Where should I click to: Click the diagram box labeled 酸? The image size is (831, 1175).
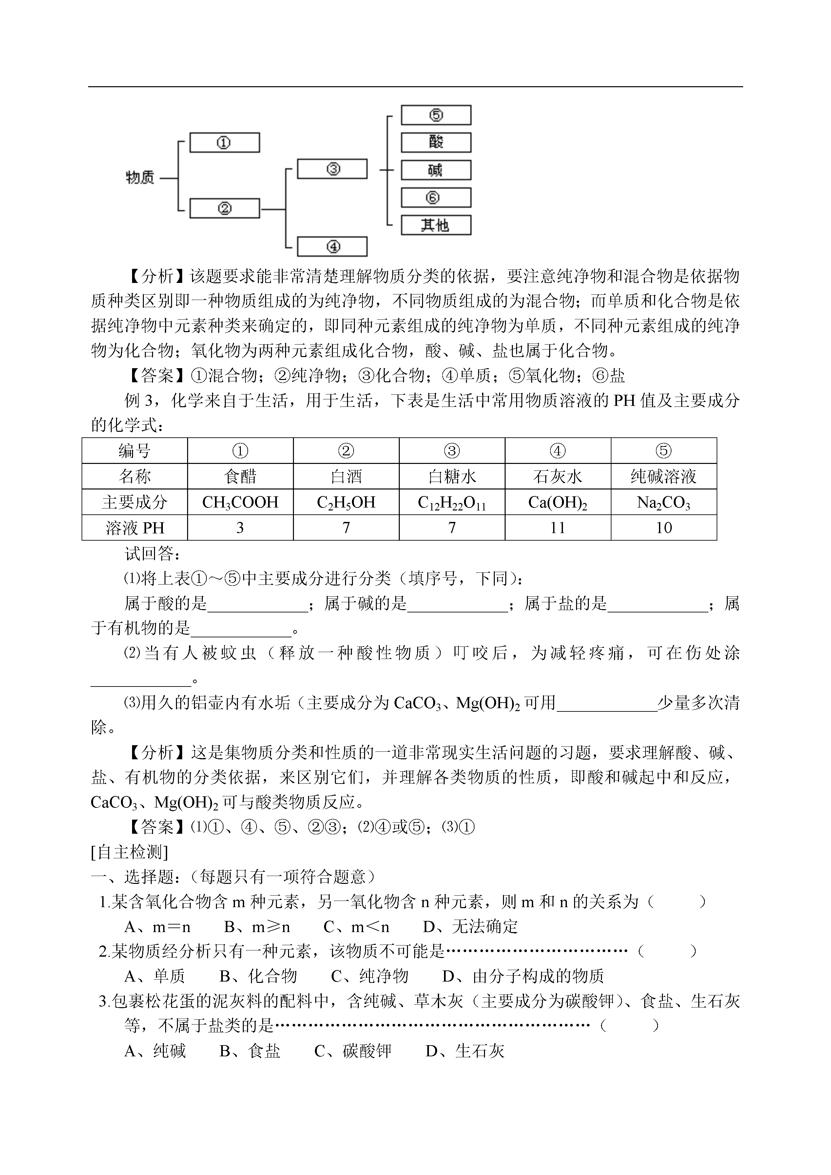click(435, 142)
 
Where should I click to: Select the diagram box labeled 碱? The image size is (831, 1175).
click(435, 170)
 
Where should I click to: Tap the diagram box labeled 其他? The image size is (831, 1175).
click(435, 225)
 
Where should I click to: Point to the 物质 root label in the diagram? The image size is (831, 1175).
click(140, 178)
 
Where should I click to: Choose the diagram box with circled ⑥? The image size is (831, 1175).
click(435, 198)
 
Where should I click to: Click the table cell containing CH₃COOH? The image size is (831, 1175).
click(240, 502)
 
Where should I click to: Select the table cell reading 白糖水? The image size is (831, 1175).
click(452, 477)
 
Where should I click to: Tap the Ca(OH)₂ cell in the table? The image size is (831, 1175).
click(557, 502)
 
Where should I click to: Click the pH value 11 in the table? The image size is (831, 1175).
click(557, 528)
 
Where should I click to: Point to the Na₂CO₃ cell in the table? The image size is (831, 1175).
click(663, 502)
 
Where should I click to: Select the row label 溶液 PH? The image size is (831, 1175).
click(135, 528)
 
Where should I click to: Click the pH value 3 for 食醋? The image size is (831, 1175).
click(240, 528)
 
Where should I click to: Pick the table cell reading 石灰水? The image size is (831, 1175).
click(557, 477)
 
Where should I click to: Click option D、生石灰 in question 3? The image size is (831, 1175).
click(465, 1051)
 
